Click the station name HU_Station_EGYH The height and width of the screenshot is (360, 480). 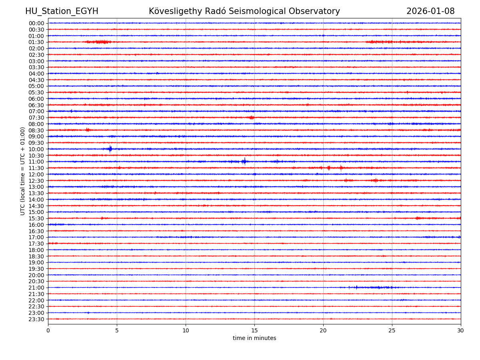(62, 11)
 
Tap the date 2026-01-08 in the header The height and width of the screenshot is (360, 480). (430, 11)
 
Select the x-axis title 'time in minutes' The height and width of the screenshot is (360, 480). (254, 338)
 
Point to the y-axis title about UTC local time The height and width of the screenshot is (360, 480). (23, 171)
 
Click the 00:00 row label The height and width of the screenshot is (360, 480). (36, 23)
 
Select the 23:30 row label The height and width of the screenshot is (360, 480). (36, 319)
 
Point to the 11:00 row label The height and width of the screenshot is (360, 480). (36, 162)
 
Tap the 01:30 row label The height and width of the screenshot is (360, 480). (36, 42)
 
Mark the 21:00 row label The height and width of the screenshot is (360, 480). (36, 288)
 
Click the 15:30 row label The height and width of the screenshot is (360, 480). (36, 218)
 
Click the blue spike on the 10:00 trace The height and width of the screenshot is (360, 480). (110, 149)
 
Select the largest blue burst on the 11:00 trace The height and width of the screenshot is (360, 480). (244, 162)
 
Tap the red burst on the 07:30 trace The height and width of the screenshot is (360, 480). (251, 118)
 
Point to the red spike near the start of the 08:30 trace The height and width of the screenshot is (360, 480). (87, 130)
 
